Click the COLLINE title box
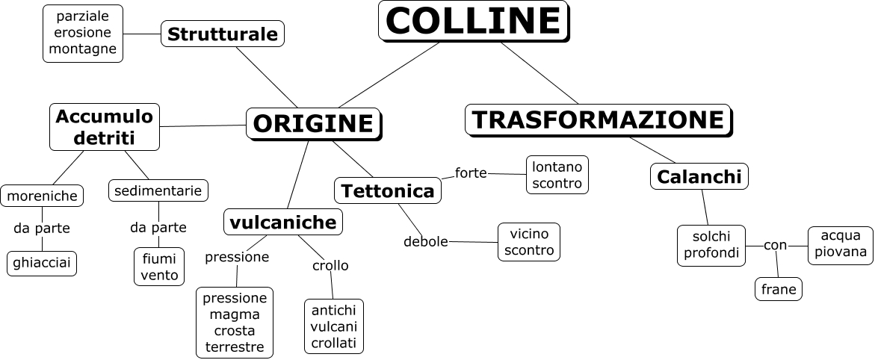click(472, 21)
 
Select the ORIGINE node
click(312, 123)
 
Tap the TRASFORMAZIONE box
click(598, 120)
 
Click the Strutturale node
click(223, 34)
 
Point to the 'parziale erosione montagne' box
click(82, 33)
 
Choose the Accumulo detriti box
click(105, 126)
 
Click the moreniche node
click(42, 196)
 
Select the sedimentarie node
click(158, 190)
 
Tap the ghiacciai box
click(42, 263)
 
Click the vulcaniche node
click(282, 222)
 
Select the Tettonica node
click(387, 190)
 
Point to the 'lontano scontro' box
click(557, 175)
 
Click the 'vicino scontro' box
click(528, 242)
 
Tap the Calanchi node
click(699, 176)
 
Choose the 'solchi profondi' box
click(711, 245)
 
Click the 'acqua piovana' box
click(840, 244)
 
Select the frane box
click(779, 288)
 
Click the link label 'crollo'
click(330, 265)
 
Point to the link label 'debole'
click(425, 241)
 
